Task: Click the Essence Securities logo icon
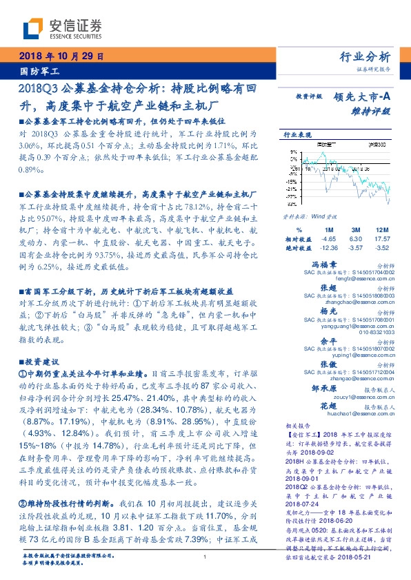34,28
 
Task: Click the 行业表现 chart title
298,135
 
